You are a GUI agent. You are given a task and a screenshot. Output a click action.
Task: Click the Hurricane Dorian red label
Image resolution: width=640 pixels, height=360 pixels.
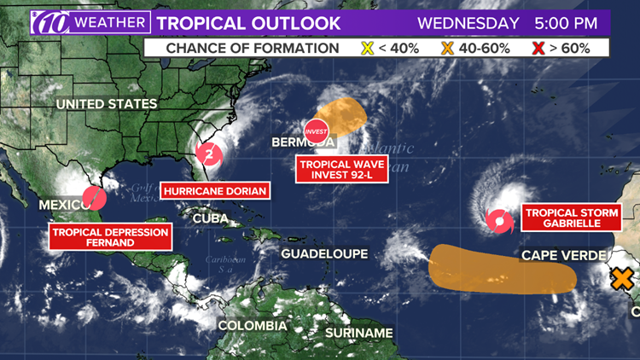[215, 191]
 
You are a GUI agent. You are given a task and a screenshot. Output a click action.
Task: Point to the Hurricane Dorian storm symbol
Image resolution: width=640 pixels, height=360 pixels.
[208, 154]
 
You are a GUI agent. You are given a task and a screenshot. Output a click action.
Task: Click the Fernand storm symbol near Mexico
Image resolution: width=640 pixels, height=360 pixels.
[96, 198]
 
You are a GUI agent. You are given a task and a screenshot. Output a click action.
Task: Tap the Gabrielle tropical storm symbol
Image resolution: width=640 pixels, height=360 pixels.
[497, 223]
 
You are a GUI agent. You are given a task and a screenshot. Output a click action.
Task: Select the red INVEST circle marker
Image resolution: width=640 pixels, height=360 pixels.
[317, 129]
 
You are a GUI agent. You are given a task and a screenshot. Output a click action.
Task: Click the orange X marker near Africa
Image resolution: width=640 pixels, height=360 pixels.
[623, 277]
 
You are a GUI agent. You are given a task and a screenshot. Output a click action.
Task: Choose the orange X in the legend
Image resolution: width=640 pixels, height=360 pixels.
[446, 48]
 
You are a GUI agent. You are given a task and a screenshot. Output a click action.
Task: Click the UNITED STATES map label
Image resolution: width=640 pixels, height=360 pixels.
[107, 104]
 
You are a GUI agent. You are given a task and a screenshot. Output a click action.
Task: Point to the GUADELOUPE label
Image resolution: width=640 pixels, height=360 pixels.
[325, 253]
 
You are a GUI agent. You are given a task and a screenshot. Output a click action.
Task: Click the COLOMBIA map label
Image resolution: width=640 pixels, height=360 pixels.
[252, 326]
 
